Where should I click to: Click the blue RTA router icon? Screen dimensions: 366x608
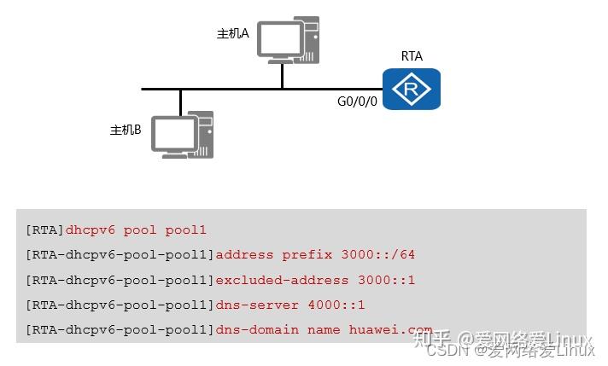click(411, 90)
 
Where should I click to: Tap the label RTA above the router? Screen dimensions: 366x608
click(412, 56)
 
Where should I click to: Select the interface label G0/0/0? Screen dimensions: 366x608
click(357, 102)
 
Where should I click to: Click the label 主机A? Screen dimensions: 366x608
click(232, 33)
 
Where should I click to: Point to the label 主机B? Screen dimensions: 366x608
click(126, 130)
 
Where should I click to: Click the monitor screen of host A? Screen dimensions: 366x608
click(280, 38)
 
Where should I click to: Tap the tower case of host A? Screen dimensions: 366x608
click(310, 40)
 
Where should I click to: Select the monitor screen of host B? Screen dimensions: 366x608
click(173, 133)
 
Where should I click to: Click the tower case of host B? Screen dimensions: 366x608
click(202, 135)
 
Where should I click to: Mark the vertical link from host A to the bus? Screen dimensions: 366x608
click(282, 76)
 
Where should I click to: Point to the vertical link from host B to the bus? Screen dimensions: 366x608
click(180, 102)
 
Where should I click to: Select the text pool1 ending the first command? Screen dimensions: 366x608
click(186, 230)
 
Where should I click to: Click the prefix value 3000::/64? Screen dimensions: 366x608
click(377, 255)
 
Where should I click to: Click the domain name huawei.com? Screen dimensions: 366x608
click(390, 329)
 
